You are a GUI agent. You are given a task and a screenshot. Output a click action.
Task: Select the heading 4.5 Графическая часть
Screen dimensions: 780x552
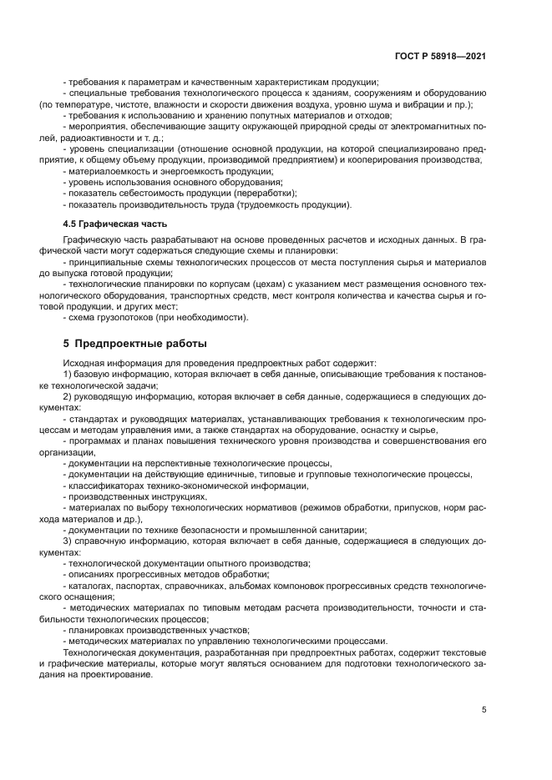[115, 224]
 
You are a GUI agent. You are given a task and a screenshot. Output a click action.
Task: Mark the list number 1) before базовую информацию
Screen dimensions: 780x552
[68, 375]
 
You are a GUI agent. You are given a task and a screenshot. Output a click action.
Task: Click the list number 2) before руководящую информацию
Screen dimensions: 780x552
[68, 397]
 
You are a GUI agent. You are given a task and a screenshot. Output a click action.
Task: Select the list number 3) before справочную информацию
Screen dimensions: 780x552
[68, 542]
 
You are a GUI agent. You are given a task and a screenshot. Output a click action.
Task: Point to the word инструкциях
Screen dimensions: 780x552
[167, 496]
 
